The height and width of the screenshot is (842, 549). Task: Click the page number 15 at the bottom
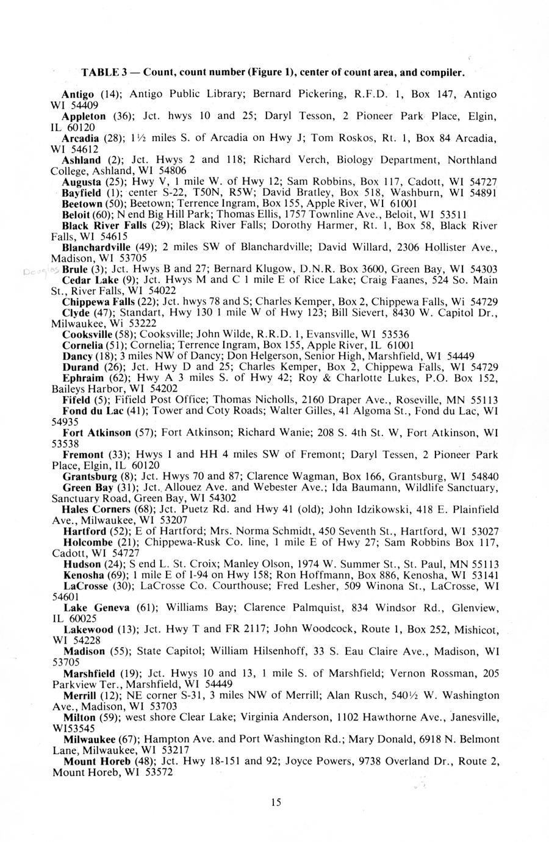pos(276,803)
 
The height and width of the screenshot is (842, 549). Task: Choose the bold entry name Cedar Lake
pos(87,280)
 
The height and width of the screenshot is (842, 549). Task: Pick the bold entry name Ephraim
pos(81,378)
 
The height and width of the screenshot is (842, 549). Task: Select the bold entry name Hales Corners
pos(96,509)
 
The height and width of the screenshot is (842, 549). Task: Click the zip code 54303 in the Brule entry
pos(485,269)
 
